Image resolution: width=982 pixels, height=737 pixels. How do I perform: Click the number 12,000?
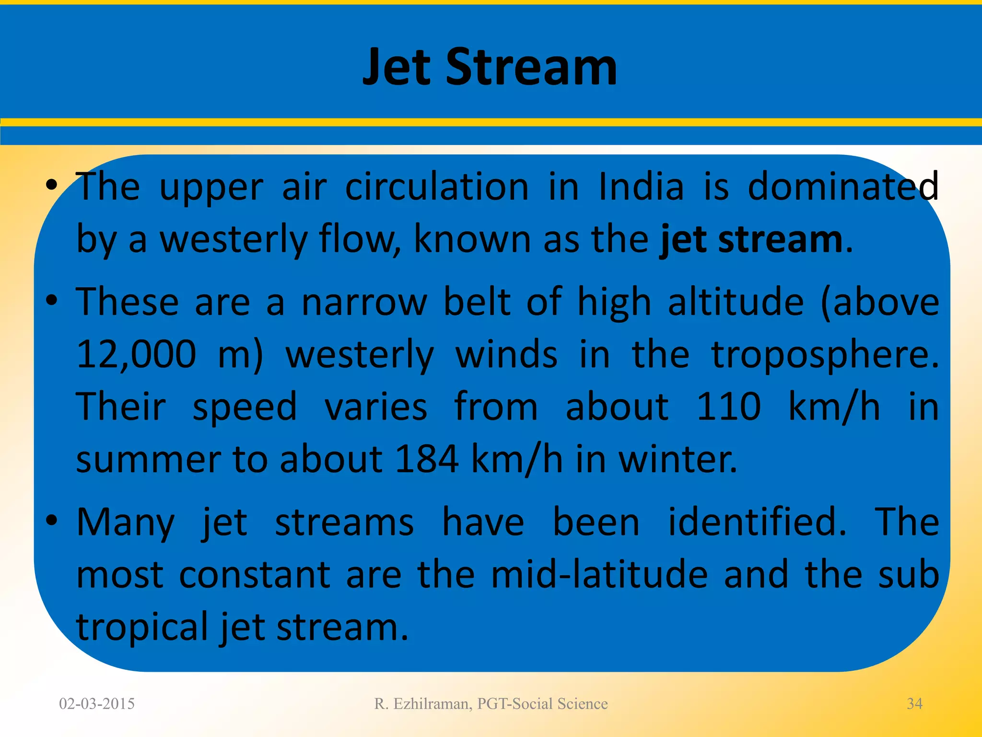[136, 354]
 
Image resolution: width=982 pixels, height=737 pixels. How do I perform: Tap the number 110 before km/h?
[728, 407]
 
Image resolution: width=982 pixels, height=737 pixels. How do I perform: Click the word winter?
[677, 459]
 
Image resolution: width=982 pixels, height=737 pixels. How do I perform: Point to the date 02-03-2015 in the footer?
[97, 703]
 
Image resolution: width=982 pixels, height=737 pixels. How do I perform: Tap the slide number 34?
[914, 703]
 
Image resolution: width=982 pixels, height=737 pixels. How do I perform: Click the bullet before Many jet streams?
[52, 520]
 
